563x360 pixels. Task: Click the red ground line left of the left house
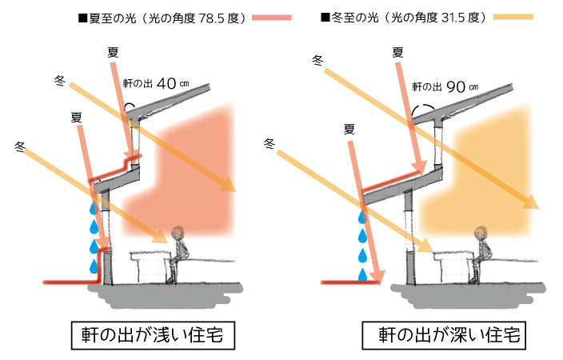click(x=68, y=282)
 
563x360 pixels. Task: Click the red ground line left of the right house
click(x=340, y=282)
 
